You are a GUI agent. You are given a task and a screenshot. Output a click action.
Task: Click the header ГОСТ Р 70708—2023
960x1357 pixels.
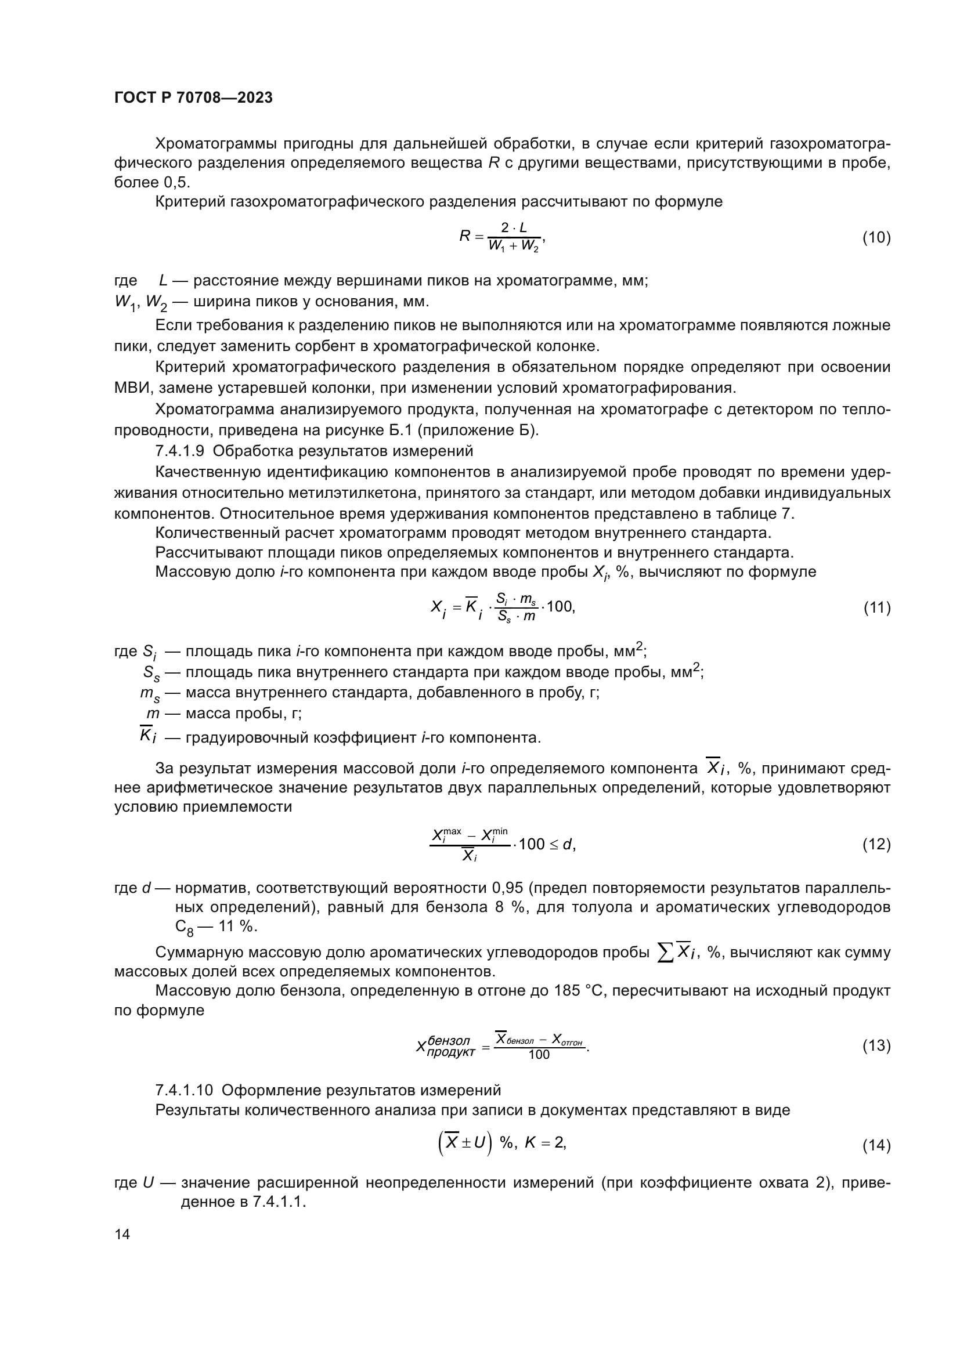point(193,97)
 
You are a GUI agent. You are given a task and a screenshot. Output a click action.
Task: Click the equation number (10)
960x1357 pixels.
point(876,238)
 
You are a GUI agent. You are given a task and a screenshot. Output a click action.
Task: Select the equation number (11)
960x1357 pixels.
point(876,607)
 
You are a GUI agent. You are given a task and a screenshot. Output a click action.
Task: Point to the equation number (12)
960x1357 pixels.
point(876,844)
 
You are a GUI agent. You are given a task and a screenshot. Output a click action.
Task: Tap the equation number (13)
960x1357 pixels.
point(876,1045)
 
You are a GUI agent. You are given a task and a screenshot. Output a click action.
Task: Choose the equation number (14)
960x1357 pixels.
point(876,1145)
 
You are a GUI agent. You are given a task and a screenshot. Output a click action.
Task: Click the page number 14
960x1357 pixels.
point(122,1234)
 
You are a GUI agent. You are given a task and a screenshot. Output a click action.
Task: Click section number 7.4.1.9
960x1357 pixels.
point(180,451)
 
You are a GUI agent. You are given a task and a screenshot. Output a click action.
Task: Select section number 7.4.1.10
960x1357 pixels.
point(184,1090)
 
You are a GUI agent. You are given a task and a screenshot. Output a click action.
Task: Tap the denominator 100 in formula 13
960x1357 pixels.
point(539,1055)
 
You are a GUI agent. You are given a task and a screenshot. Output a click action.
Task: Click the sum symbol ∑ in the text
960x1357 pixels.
point(666,952)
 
